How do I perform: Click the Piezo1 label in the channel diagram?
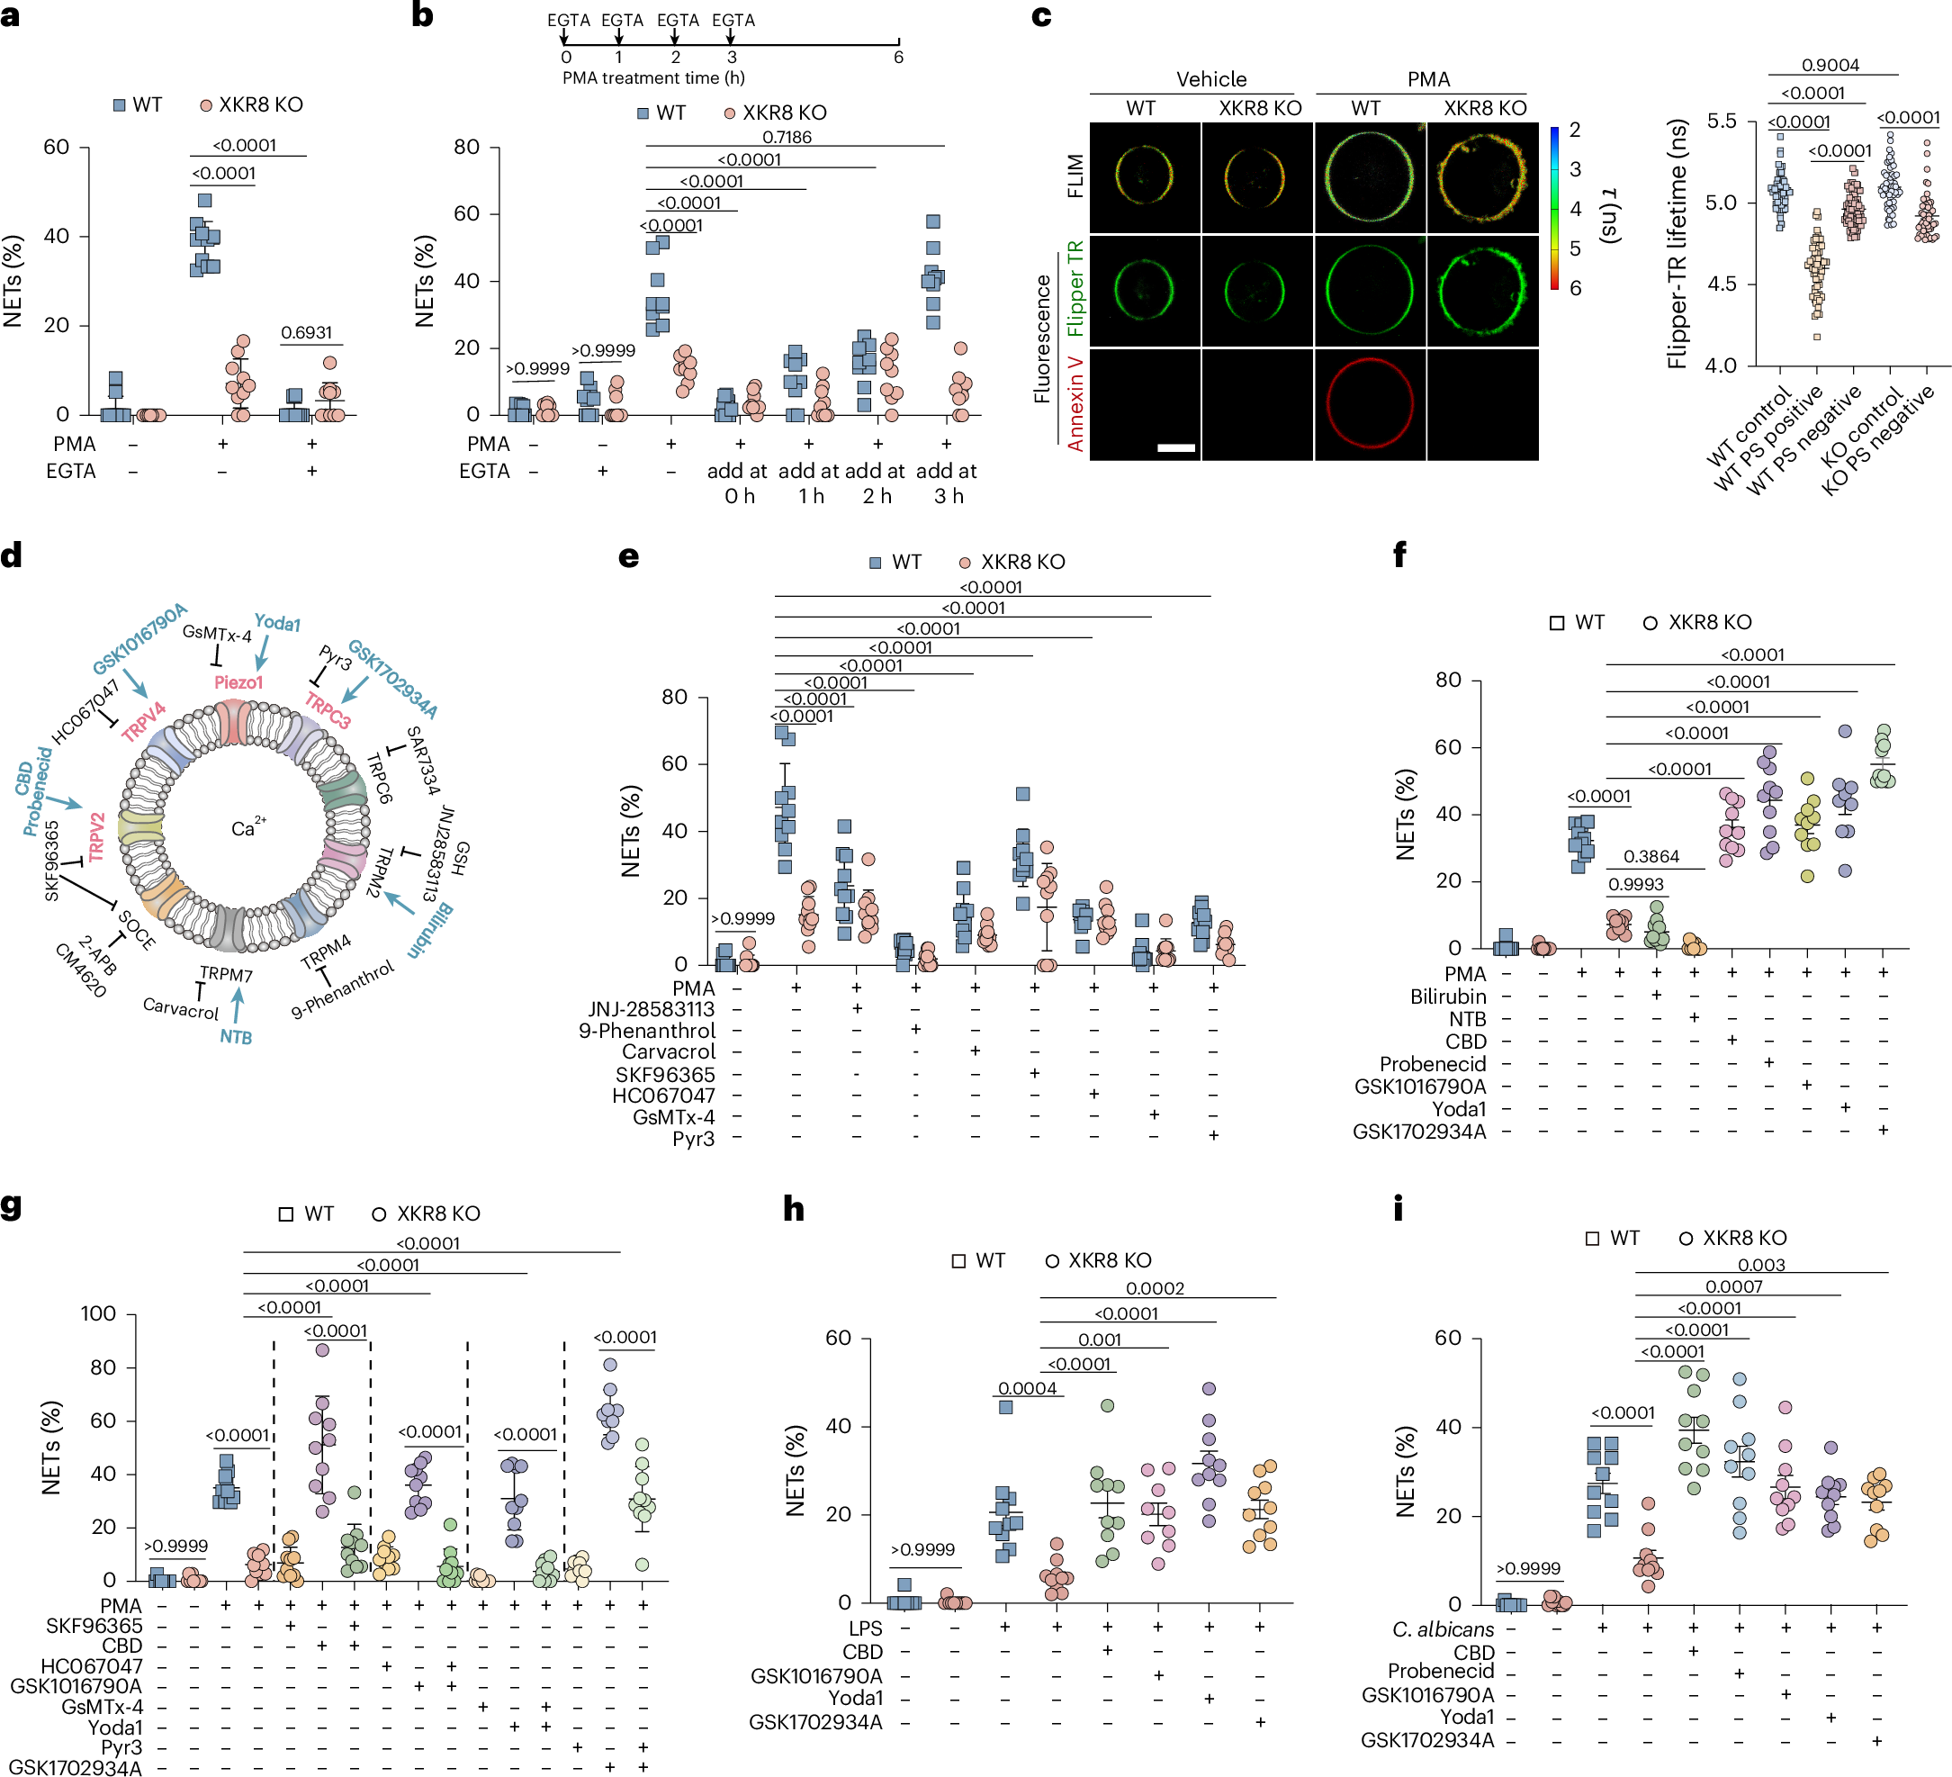[238, 681]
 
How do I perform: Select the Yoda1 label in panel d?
[277, 623]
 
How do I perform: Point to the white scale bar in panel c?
[1175, 448]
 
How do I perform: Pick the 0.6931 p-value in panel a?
[306, 332]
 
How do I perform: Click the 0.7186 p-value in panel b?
[787, 137]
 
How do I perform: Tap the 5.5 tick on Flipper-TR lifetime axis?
[1721, 121]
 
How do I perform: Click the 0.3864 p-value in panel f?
[1651, 856]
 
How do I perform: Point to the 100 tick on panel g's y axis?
[98, 1313]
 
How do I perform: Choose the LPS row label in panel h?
[866, 1628]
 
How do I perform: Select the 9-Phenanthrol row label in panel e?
[647, 1031]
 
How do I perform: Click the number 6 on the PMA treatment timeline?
[897, 57]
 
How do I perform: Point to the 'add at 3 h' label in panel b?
[946, 483]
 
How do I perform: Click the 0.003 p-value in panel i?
[1761, 1265]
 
